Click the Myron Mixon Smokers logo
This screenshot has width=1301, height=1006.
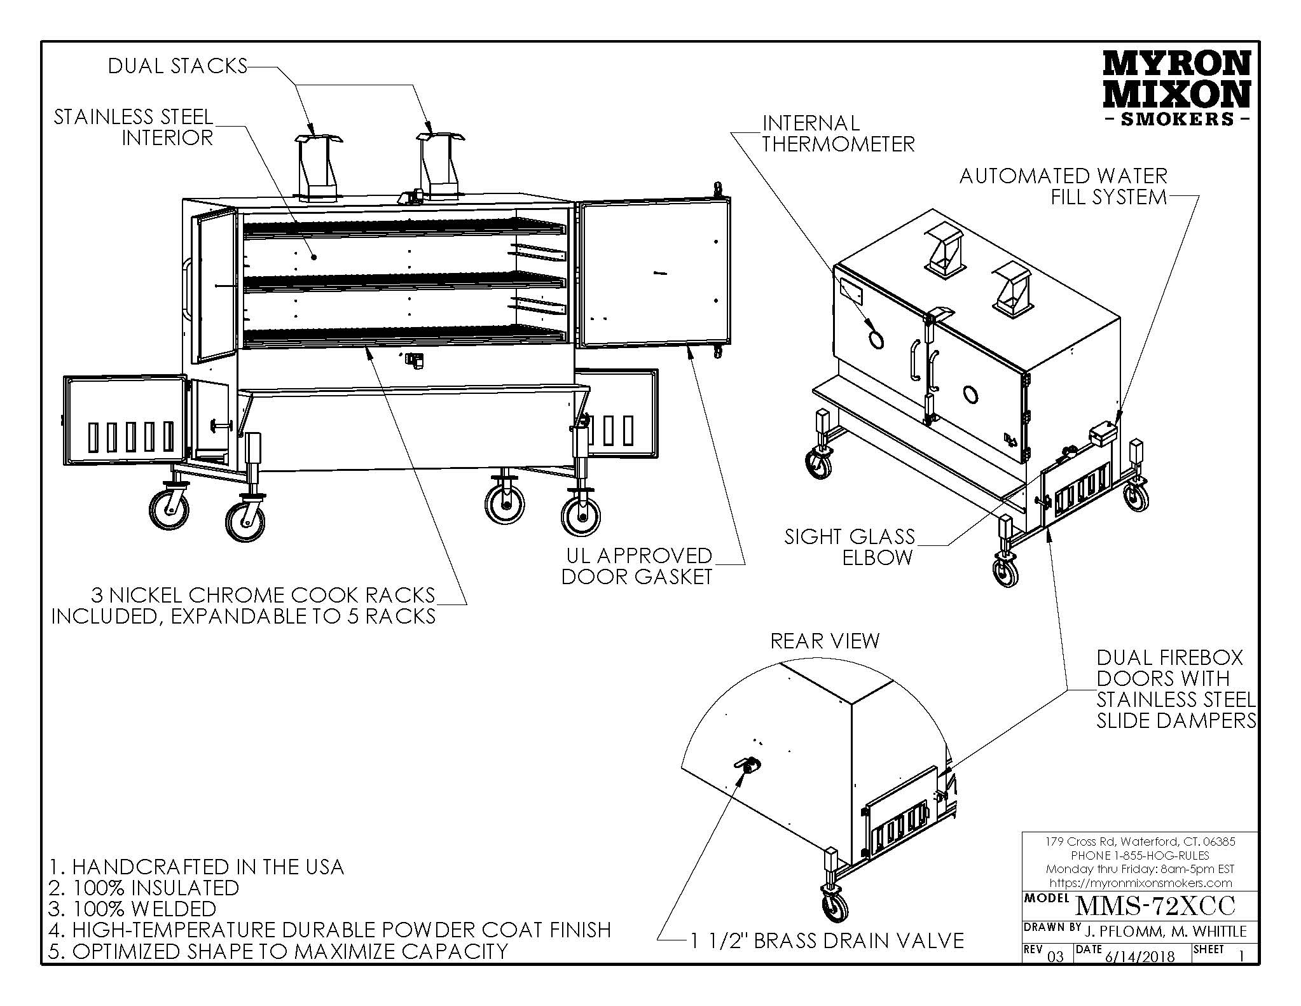click(x=1176, y=88)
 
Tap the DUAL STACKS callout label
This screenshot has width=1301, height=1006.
click(x=177, y=66)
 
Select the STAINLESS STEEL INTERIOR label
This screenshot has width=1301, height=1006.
click(x=134, y=127)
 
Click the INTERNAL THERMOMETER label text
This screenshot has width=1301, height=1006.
click(x=837, y=134)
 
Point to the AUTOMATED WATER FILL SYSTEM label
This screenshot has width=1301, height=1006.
click(x=1063, y=186)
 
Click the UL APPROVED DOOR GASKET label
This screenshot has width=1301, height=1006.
click(x=638, y=566)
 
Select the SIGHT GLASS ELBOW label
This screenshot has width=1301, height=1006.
click(x=850, y=547)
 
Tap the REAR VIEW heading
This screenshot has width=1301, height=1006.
click(x=825, y=641)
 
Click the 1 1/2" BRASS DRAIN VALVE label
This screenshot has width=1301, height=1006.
click(x=827, y=940)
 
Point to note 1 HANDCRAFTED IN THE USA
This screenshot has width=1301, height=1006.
click(x=196, y=867)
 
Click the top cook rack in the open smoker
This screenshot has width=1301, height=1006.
click(x=404, y=227)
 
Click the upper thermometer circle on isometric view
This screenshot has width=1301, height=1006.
click(x=876, y=340)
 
